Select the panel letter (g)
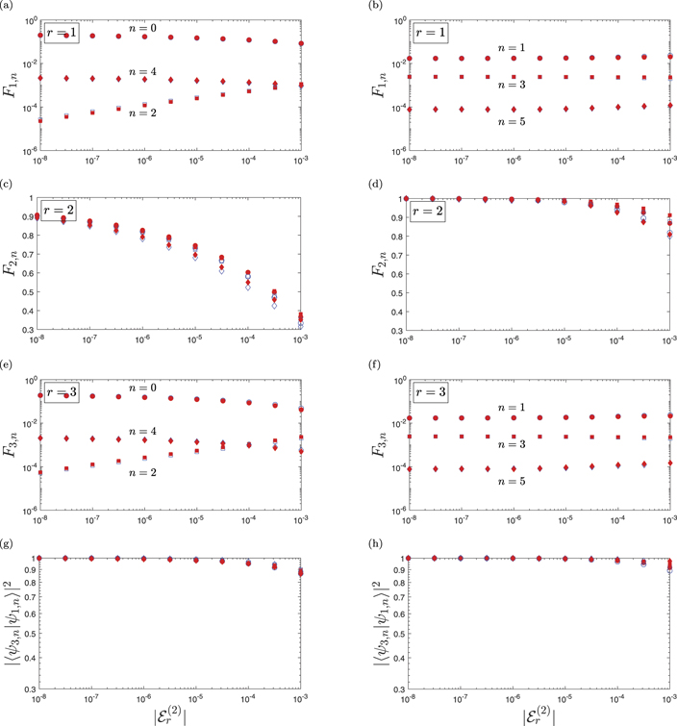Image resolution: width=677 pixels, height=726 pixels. click(9, 545)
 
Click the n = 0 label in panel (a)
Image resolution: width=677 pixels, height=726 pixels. click(143, 29)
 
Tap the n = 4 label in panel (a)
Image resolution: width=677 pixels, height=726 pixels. click(143, 70)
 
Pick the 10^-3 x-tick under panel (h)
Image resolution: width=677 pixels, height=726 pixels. click(669, 701)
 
